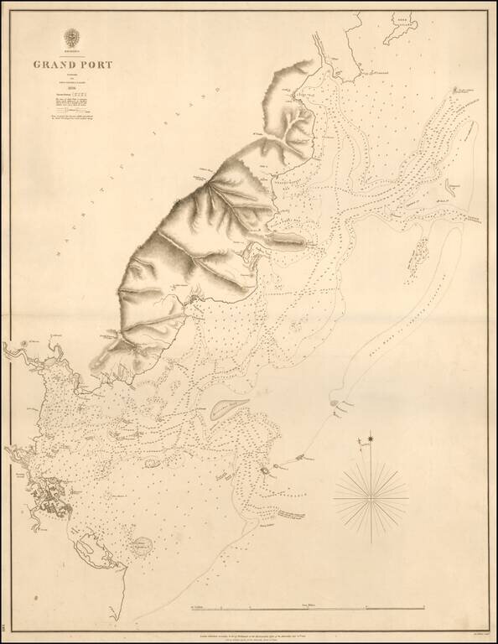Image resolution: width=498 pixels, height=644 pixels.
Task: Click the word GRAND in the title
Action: tap(52, 63)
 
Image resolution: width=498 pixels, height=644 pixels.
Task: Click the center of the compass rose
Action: tap(370, 493)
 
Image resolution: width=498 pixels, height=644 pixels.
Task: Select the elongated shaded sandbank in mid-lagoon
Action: tap(229, 408)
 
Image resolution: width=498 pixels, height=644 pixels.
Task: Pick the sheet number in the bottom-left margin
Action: tap(6, 624)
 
